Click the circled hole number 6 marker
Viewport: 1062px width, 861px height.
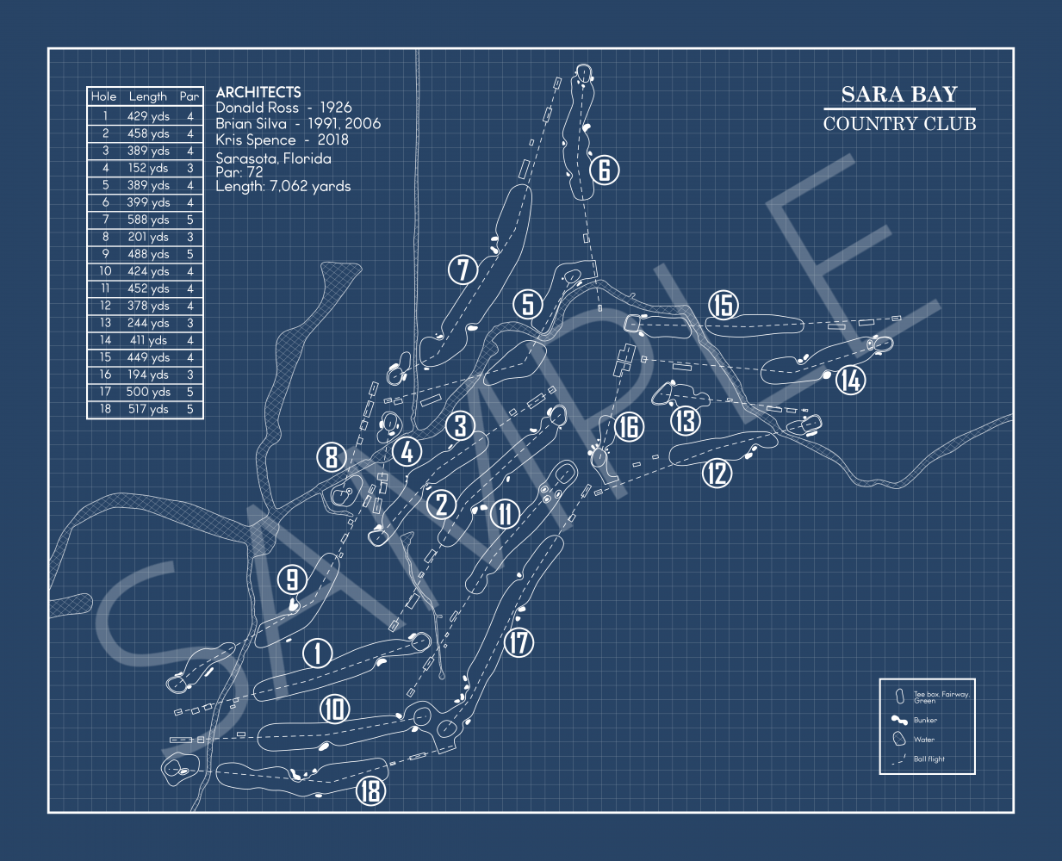605,170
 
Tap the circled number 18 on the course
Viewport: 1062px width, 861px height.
371,790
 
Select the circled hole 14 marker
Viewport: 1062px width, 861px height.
850,380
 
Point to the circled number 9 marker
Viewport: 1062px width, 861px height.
293,580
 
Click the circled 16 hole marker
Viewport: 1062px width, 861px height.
630,426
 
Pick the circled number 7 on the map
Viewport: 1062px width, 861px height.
463,269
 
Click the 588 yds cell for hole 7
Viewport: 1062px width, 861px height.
148,220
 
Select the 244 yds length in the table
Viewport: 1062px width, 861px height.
148,323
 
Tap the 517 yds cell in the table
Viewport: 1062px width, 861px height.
148,409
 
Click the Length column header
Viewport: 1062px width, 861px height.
148,96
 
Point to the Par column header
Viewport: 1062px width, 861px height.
189,96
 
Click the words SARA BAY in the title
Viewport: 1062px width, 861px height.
899,94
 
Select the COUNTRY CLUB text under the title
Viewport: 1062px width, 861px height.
899,124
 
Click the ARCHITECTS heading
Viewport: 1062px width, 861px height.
258,91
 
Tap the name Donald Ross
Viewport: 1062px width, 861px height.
257,108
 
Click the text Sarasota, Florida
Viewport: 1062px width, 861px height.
273,158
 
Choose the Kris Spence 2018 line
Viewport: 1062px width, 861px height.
282,139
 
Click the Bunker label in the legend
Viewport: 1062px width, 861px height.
925,721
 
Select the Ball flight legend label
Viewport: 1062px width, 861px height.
928,759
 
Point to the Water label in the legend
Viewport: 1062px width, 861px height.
923,740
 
